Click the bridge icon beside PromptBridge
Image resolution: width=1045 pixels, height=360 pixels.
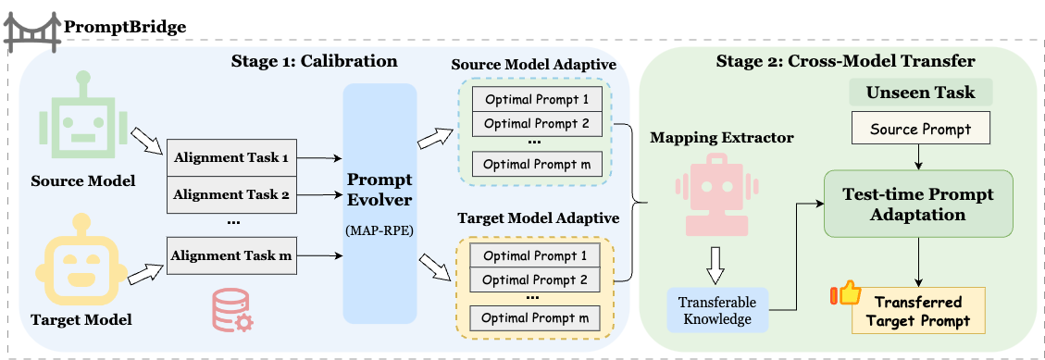coord(31,32)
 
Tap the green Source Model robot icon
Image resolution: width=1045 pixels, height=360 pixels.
coord(83,111)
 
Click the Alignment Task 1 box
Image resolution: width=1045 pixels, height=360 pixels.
coord(232,158)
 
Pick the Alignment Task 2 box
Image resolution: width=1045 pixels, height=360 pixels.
coord(232,195)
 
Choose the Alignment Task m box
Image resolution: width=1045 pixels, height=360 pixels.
coord(232,255)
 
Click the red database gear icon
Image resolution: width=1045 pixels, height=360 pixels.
coord(232,311)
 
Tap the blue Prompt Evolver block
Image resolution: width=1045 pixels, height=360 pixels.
coord(379,204)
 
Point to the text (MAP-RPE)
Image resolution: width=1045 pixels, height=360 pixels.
coord(379,231)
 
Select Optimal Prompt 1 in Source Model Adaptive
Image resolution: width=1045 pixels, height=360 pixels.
coord(537,100)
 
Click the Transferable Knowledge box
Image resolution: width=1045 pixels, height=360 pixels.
coord(717,310)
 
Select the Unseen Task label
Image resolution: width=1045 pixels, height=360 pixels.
coord(920,93)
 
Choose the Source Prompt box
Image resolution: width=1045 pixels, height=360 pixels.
coord(920,130)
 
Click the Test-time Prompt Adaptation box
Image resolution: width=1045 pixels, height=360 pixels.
coord(919,204)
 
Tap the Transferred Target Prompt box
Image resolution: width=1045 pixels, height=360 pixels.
coord(917,311)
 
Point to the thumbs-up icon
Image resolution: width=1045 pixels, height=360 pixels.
coord(846,294)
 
